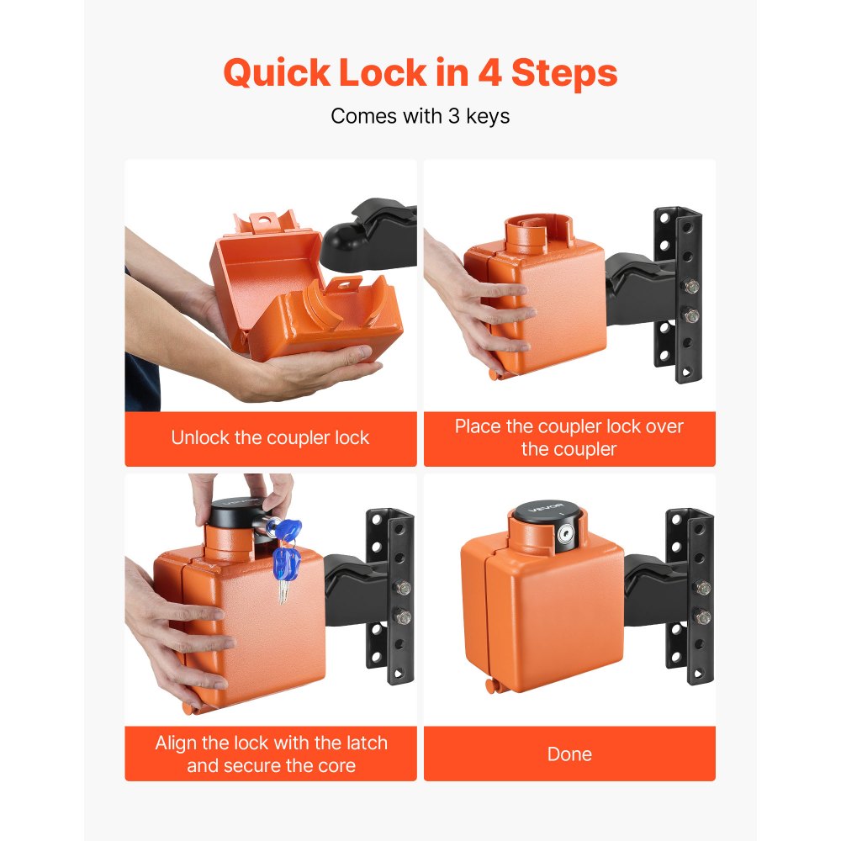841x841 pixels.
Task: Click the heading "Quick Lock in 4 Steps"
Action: point(420,74)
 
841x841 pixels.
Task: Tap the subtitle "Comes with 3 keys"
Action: point(420,116)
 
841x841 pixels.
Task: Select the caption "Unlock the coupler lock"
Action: point(270,438)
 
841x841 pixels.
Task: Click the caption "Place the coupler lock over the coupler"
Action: point(569,437)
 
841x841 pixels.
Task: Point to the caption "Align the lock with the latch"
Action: point(270,743)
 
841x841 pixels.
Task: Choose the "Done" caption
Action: point(569,754)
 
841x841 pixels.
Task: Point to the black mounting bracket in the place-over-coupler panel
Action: point(678,294)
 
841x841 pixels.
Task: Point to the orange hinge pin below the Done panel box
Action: point(490,688)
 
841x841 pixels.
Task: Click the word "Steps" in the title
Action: point(569,74)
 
